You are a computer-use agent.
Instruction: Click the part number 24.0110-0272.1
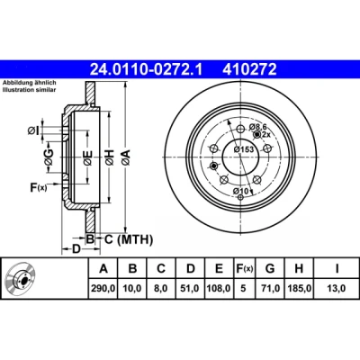(147, 69)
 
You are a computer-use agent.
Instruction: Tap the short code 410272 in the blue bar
(249, 69)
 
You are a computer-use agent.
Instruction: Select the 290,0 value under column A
(103, 289)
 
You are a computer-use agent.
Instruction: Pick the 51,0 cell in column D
(191, 289)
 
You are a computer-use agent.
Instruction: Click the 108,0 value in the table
(219, 289)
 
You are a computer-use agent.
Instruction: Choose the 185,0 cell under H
(299, 289)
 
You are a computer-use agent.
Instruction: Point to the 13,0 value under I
(337, 289)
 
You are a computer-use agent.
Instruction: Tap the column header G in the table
(270, 268)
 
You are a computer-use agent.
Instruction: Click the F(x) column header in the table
(243, 268)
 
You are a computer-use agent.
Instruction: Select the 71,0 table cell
(270, 289)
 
